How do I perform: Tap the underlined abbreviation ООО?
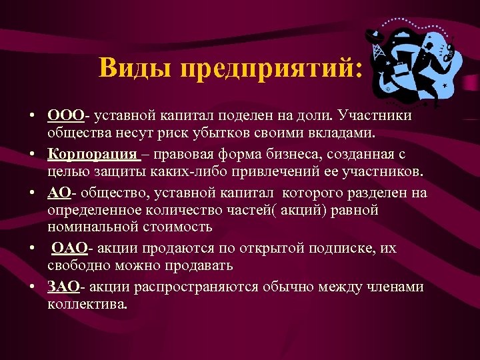[65, 116]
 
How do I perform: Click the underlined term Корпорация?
[93, 155]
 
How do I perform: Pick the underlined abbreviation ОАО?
[69, 248]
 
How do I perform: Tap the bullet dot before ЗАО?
[33, 287]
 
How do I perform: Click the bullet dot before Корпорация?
[33, 155]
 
